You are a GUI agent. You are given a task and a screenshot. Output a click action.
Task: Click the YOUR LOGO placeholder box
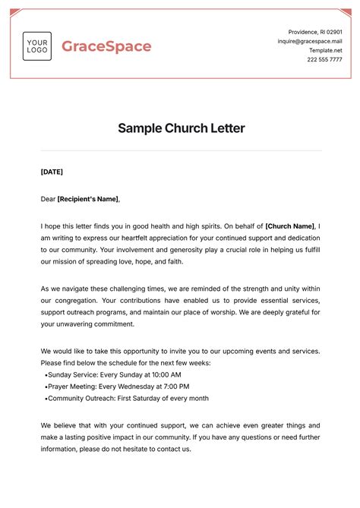point(36,46)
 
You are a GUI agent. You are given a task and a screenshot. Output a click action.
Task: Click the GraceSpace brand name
point(106,46)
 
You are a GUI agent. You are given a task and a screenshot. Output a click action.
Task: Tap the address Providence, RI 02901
point(316,32)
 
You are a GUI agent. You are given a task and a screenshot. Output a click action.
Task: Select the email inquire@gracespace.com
point(310,41)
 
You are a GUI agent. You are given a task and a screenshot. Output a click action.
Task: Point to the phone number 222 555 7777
point(324,59)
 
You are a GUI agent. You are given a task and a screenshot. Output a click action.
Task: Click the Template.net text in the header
point(327,50)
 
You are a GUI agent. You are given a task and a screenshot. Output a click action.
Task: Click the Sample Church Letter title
point(181,128)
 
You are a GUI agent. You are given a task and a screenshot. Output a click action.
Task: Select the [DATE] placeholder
point(52,172)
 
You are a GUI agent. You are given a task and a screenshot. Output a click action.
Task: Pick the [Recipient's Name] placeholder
point(88,199)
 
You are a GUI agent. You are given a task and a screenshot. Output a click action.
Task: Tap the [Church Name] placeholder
point(289,226)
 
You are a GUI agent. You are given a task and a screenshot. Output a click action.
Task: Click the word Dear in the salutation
point(48,199)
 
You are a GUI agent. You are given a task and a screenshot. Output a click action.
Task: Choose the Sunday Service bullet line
point(113,374)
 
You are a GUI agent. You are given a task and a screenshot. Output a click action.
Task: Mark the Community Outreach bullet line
point(127,399)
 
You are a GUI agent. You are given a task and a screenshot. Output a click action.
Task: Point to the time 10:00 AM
point(166,374)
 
